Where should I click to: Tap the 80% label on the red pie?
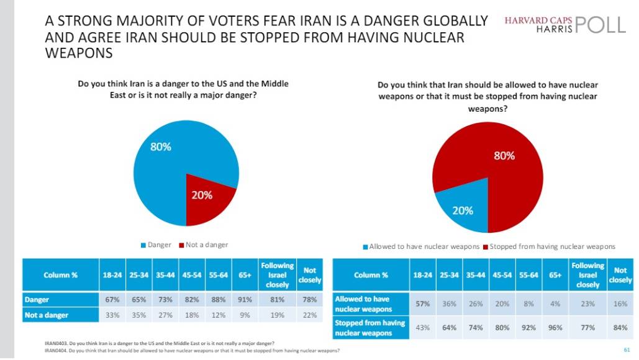click(504, 156)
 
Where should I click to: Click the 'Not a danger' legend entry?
click(203, 245)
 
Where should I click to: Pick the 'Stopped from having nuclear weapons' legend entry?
click(549, 246)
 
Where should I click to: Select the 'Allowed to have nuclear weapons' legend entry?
click(421, 246)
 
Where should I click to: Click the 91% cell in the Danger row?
click(245, 300)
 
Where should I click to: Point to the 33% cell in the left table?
click(112, 315)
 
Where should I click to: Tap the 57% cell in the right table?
click(423, 304)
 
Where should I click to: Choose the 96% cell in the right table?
click(555, 328)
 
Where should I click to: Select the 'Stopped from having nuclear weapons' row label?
click(369, 328)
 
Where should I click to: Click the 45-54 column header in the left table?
click(191, 275)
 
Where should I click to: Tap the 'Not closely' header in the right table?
click(620, 275)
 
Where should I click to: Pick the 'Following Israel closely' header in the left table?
click(277, 275)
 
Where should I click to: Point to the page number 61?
click(627, 349)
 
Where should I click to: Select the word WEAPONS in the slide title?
click(79, 53)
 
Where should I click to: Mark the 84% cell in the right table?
click(620, 328)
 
